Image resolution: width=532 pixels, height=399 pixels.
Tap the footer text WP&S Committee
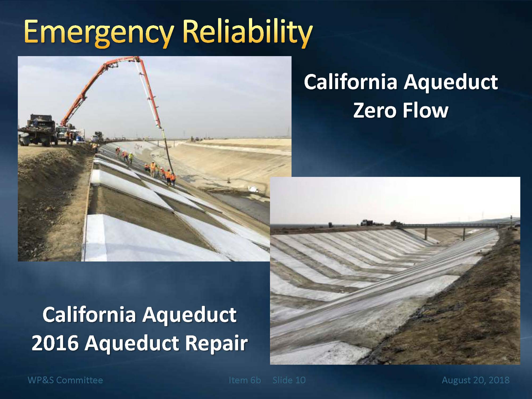point(65,380)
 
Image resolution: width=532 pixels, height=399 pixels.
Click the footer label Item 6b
point(245,380)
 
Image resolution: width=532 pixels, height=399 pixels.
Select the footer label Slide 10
point(289,380)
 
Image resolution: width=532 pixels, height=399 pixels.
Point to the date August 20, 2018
point(476,380)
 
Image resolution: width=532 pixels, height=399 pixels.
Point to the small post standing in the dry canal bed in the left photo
point(228,180)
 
